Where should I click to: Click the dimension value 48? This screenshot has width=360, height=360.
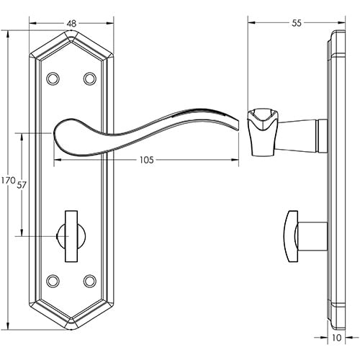[71, 23]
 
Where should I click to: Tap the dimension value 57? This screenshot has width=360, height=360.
[22, 185]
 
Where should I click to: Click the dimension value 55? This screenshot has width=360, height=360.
[296, 23]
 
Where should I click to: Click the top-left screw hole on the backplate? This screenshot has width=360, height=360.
[52, 78]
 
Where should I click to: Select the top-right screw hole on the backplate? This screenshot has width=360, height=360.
[90, 78]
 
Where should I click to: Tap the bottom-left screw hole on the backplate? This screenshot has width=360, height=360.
[52, 279]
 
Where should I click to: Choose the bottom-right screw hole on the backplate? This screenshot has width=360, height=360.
[90, 279]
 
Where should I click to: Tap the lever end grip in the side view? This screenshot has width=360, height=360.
[260, 130]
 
